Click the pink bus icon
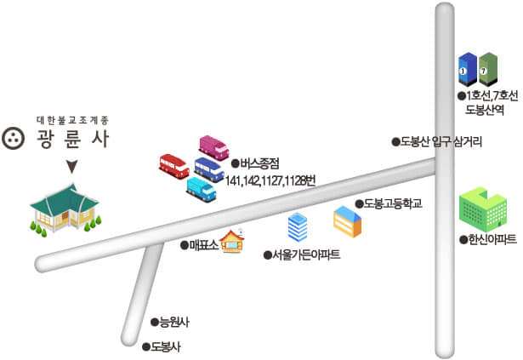pos(213,148)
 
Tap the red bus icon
pos(174,164)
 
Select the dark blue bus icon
pos(209,169)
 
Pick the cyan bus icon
pos(202,188)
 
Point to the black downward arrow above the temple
pos(72,167)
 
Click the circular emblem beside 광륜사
pos(14,139)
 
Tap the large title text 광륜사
pos(74,140)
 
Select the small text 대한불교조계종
pos(73,119)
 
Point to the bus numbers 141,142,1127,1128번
pos(270,180)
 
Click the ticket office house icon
pos(231,243)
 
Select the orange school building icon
pos(347,221)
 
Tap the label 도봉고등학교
pos(392,204)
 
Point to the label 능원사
pos(173,322)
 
